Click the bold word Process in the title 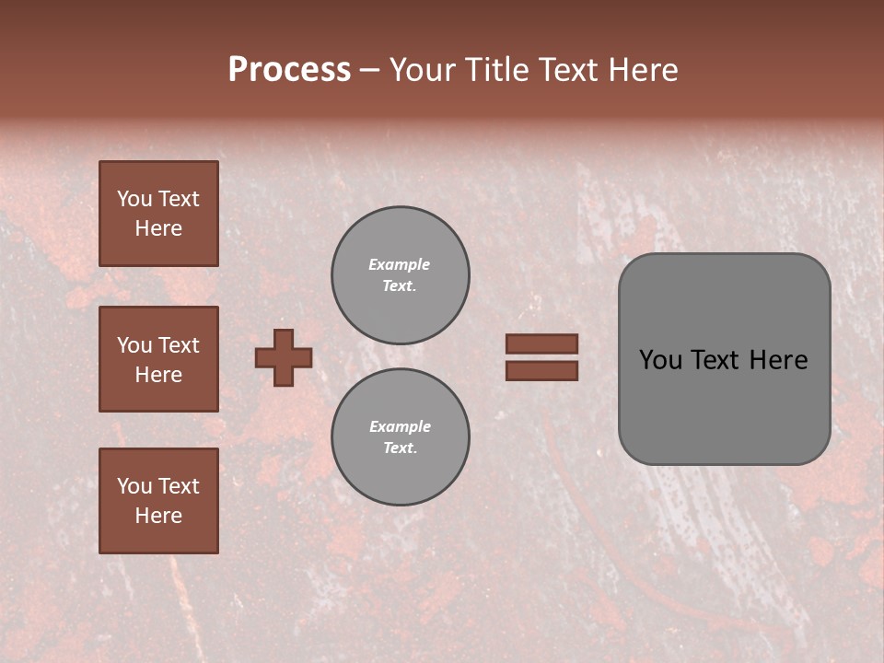(289, 70)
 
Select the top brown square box (158, 214)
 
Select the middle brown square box (158, 359)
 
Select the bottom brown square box (158, 501)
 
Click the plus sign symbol (284, 357)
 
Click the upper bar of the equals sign (541, 343)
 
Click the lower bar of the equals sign (541, 370)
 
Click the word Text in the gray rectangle (715, 360)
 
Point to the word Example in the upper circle (400, 264)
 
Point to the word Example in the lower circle (400, 426)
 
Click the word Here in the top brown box (158, 228)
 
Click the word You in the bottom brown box (134, 486)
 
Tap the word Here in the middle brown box (158, 375)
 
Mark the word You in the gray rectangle (660, 360)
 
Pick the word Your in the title (423, 70)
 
